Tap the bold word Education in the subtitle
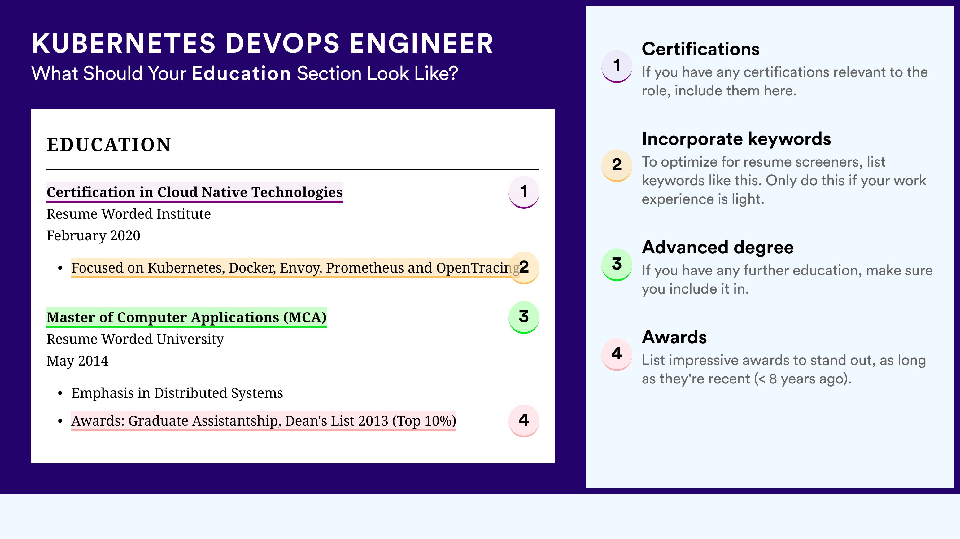point(241,73)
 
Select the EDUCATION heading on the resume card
point(108,145)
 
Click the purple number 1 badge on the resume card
point(524,192)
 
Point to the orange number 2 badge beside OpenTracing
point(524,268)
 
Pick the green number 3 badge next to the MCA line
point(524,317)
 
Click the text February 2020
point(94,235)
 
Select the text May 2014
point(77,361)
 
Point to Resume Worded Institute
point(129,214)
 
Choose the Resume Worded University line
point(135,339)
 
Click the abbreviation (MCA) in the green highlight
point(305,317)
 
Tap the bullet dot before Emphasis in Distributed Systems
point(60,394)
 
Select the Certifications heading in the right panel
point(700,49)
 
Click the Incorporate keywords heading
point(736,139)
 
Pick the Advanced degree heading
point(718,247)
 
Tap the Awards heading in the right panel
point(674,337)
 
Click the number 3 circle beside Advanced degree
point(617,264)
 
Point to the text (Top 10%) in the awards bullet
point(424,421)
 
